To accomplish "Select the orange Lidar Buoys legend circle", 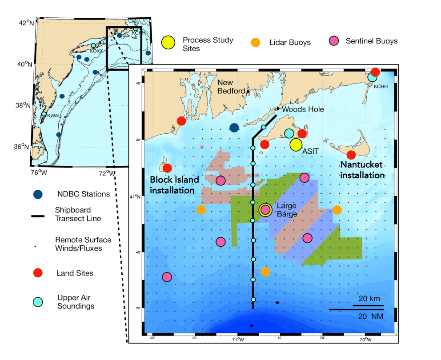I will [x=255, y=43].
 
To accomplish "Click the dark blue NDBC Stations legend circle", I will [x=39, y=194].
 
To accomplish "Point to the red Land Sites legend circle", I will [x=39, y=273].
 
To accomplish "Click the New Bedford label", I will [x=231, y=87].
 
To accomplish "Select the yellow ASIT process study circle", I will [x=296, y=144].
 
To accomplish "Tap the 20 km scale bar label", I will [x=369, y=299].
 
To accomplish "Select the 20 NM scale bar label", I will [x=369, y=316].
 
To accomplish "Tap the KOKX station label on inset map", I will [x=96, y=51].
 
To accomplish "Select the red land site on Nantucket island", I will [x=351, y=155].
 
